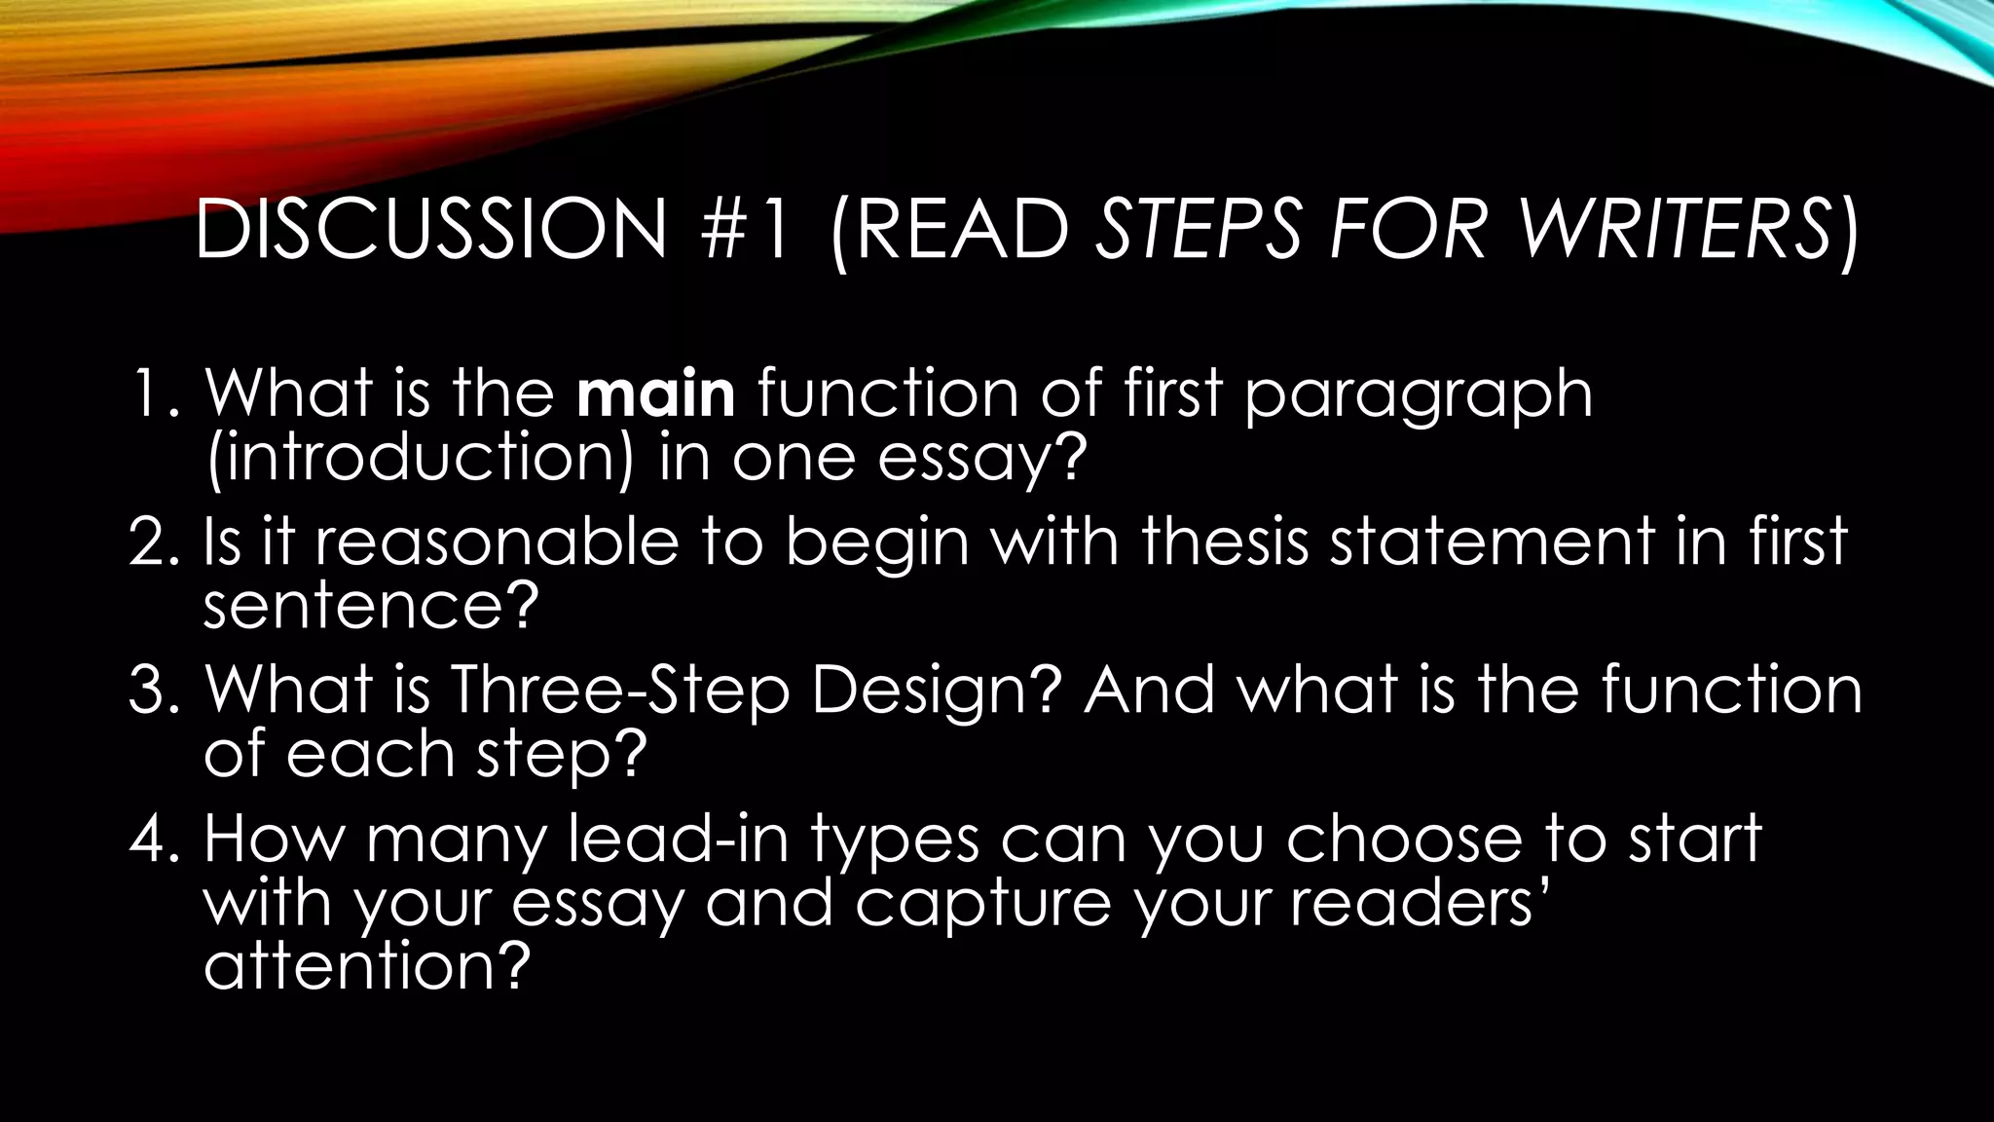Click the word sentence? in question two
(x=370, y=605)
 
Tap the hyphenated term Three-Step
(x=619, y=691)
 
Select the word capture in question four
(x=983, y=904)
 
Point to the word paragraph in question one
(x=1418, y=395)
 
